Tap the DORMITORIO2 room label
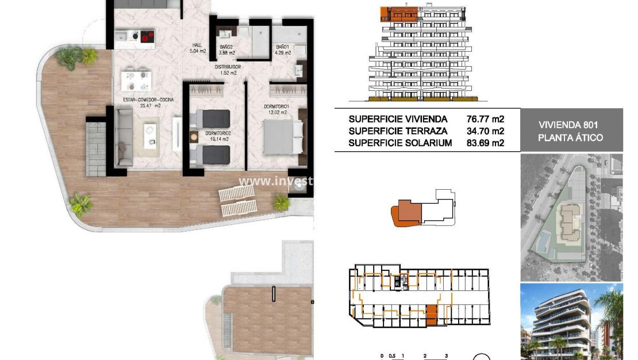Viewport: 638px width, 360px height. click(x=218, y=133)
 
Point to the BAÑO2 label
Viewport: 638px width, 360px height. click(x=226, y=47)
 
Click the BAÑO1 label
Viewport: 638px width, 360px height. click(x=282, y=47)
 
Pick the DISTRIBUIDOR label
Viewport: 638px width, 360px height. click(x=228, y=67)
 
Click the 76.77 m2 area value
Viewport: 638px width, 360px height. click(x=486, y=119)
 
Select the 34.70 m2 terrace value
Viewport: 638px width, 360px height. click(x=486, y=131)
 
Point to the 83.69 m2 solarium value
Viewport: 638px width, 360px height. click(x=486, y=143)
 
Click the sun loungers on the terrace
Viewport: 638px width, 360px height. click(x=237, y=201)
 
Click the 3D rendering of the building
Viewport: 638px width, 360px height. click(x=571, y=321)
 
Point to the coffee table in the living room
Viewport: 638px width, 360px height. click(x=151, y=133)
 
